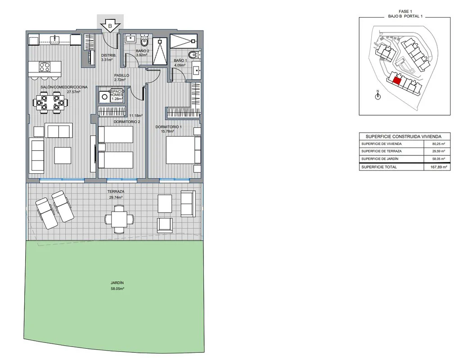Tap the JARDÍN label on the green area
tap(117, 283)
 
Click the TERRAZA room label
tap(116, 191)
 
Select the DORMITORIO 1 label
tap(168, 127)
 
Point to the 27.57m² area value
tap(73, 92)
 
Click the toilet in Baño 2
tap(144, 40)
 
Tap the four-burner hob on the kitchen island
tap(45, 67)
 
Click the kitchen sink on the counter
tap(55, 39)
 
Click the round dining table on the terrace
tap(119, 219)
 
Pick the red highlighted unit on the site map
tap(397, 81)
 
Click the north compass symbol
tap(378, 95)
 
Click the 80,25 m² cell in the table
tap(438, 144)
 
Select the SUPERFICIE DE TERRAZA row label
tap(382, 151)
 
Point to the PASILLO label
tap(121, 75)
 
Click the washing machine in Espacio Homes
tap(104, 97)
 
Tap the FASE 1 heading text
tap(405, 11)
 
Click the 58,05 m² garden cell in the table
tap(438, 159)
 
